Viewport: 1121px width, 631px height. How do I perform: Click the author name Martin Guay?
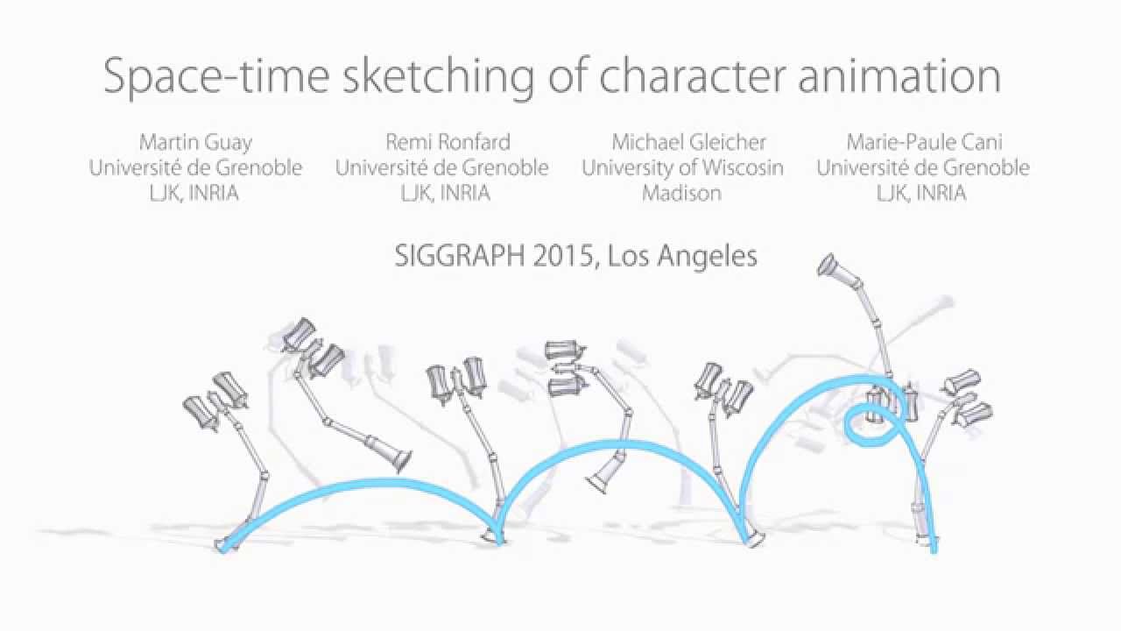point(194,142)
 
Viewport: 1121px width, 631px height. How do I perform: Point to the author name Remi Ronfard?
point(448,142)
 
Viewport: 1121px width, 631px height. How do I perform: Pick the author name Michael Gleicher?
point(688,142)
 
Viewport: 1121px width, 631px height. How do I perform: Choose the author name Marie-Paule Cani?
point(924,142)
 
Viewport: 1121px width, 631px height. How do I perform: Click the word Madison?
point(681,193)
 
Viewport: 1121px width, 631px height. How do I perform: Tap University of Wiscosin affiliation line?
point(682,167)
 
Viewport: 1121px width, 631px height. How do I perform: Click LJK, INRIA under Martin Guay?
point(194,193)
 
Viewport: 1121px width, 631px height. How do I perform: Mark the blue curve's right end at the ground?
point(934,548)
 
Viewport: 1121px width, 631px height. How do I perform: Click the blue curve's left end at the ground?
point(224,548)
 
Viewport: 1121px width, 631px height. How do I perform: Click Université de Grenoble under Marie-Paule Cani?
point(923,167)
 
